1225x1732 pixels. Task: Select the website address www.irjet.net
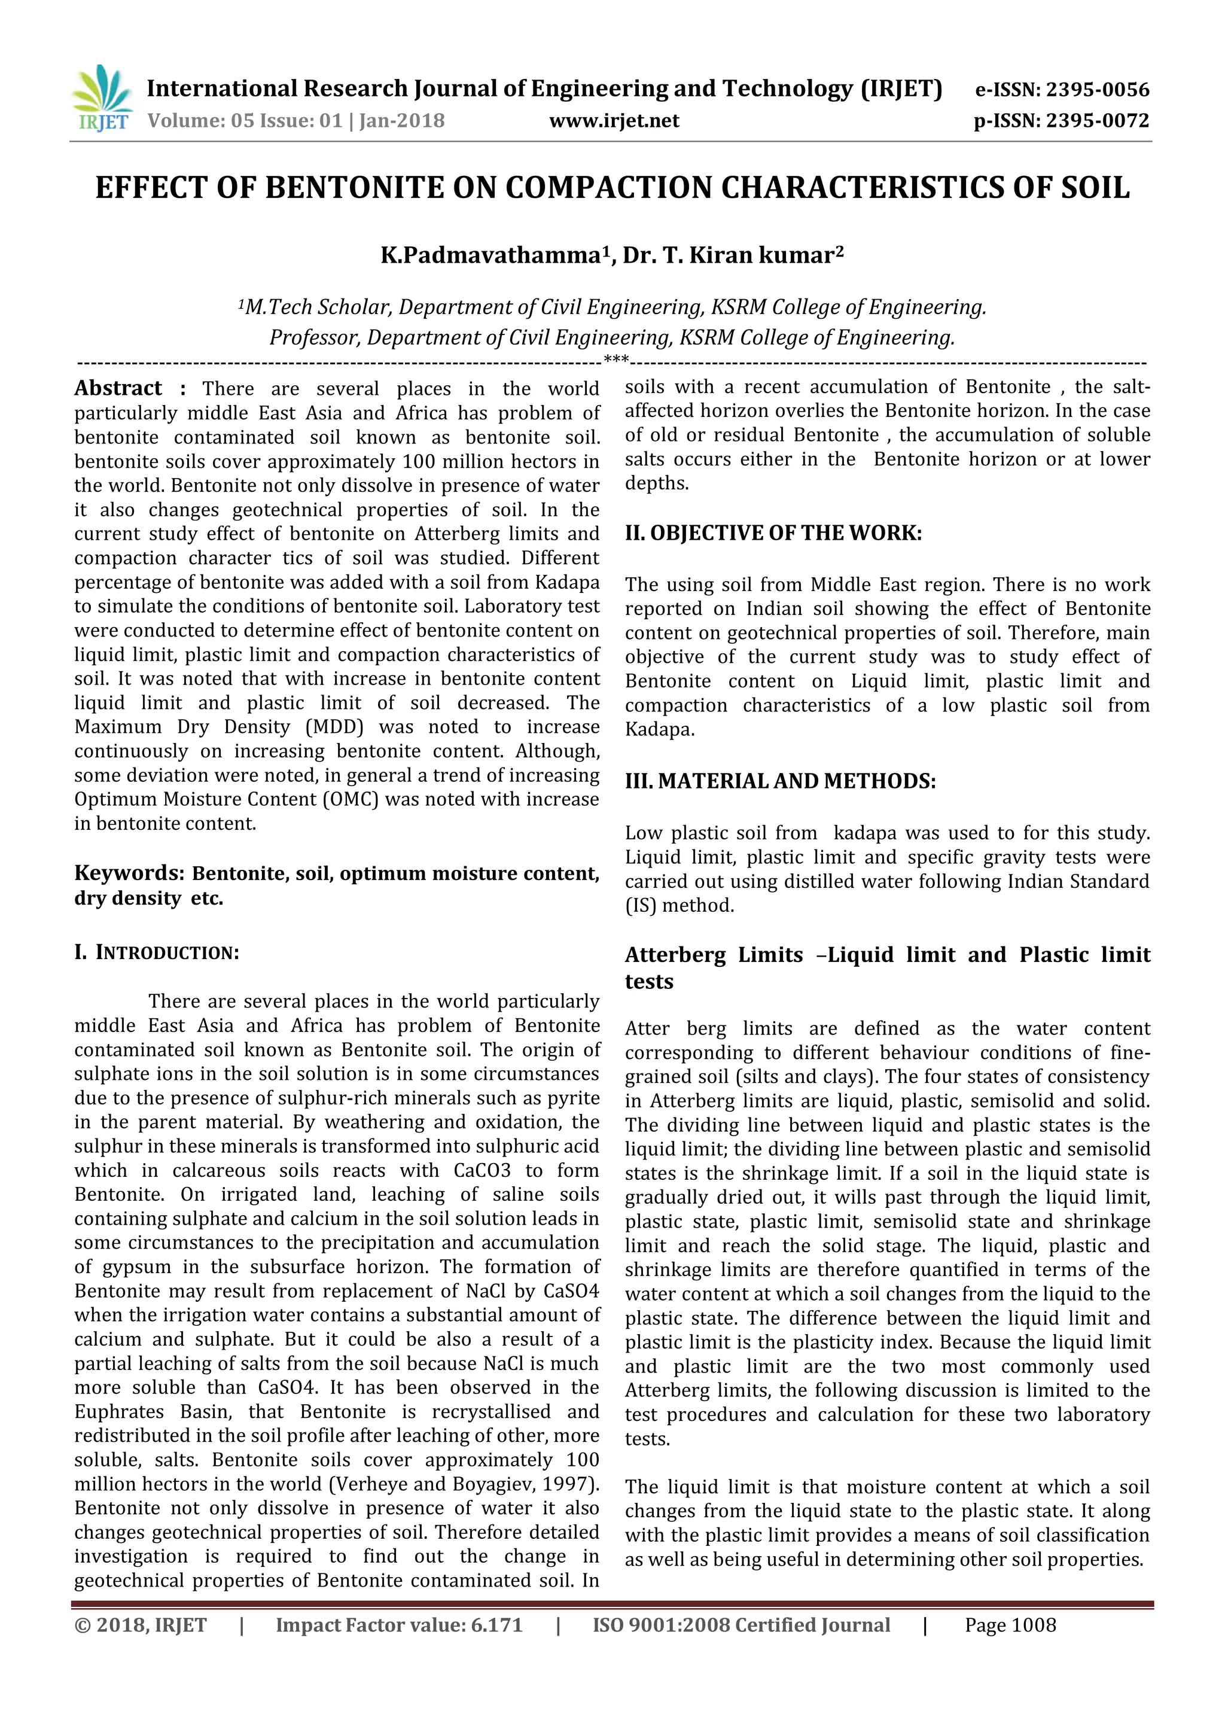614,121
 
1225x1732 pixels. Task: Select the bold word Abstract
118,388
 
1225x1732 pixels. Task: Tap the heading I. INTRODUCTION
156,953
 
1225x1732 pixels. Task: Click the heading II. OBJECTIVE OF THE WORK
773,533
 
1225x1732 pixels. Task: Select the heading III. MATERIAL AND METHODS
780,781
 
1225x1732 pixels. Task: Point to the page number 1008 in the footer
1034,1625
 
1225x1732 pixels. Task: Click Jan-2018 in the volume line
401,121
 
